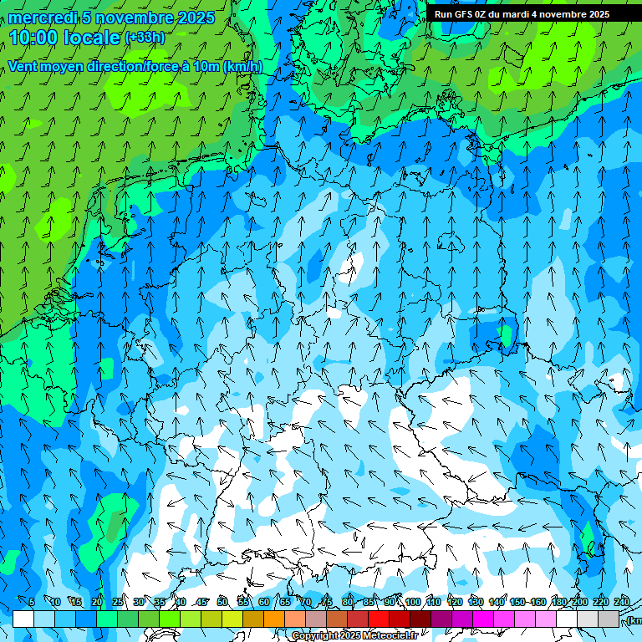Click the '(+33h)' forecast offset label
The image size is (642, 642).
[145, 38]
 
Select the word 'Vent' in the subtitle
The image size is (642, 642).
[23, 67]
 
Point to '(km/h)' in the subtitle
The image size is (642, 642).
[243, 67]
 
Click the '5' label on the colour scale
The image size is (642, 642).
[32, 603]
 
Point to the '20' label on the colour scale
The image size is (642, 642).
[97, 603]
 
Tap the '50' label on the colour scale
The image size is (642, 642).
[222, 603]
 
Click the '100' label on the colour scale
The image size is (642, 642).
[413, 603]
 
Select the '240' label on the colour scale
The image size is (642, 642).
[622, 603]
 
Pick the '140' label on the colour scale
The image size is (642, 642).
[497, 603]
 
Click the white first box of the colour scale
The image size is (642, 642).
[23, 619]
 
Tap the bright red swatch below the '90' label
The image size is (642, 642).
[379, 619]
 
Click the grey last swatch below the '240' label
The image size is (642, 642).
[609, 619]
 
